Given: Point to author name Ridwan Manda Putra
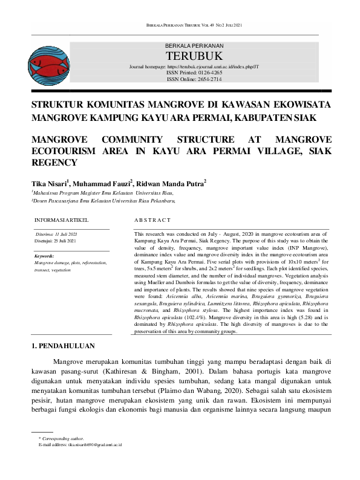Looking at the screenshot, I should click(170, 183).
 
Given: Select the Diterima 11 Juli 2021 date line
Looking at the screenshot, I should click(57, 234).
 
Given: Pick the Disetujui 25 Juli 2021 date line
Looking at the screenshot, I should click(56, 241).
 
